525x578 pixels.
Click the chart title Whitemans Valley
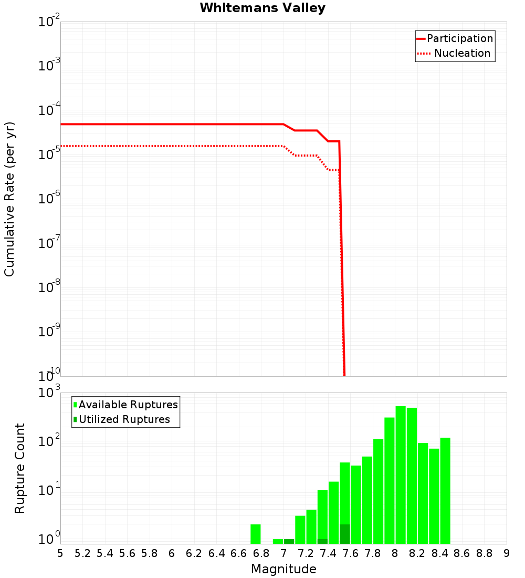(262, 8)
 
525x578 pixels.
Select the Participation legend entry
(460, 38)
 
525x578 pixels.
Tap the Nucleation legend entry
(462, 53)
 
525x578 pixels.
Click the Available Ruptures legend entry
(128, 405)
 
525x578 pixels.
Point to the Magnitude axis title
(283, 569)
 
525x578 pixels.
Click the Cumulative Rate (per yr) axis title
(9, 199)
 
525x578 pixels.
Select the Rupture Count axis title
(20, 468)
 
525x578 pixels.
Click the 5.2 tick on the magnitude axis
(82, 553)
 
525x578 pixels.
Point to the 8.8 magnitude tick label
(484, 553)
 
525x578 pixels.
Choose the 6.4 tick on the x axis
(216, 553)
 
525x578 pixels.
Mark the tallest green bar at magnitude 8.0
(401, 473)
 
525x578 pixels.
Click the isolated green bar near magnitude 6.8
(256, 534)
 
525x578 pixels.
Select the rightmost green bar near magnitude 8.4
(445, 489)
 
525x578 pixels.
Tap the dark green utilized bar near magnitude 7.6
(345, 534)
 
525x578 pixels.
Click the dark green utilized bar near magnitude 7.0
(289, 541)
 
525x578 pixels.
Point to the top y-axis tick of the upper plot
(49, 22)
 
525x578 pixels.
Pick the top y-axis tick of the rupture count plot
(49, 393)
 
